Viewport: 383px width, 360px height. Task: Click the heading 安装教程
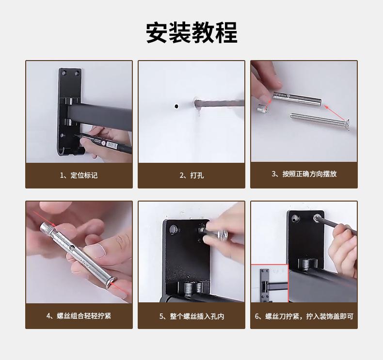click(191, 32)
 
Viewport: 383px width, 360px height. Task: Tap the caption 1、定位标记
click(79, 175)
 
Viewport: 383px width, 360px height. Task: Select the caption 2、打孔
click(191, 175)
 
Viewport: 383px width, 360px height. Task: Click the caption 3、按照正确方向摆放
click(304, 174)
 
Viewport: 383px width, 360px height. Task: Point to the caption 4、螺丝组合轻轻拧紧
click(79, 316)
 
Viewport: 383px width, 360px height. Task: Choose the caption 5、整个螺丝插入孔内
click(191, 316)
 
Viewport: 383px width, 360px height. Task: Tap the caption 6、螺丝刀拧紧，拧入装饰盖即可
click(304, 316)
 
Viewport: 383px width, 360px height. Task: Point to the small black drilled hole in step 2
click(176, 106)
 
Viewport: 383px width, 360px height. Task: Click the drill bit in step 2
click(219, 104)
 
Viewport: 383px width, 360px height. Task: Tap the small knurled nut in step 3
click(262, 109)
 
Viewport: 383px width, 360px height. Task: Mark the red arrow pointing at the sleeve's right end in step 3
click(335, 113)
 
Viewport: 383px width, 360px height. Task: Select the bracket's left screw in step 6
click(295, 218)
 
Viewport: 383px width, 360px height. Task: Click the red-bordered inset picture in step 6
click(270, 283)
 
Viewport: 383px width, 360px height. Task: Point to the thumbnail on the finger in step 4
click(95, 251)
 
